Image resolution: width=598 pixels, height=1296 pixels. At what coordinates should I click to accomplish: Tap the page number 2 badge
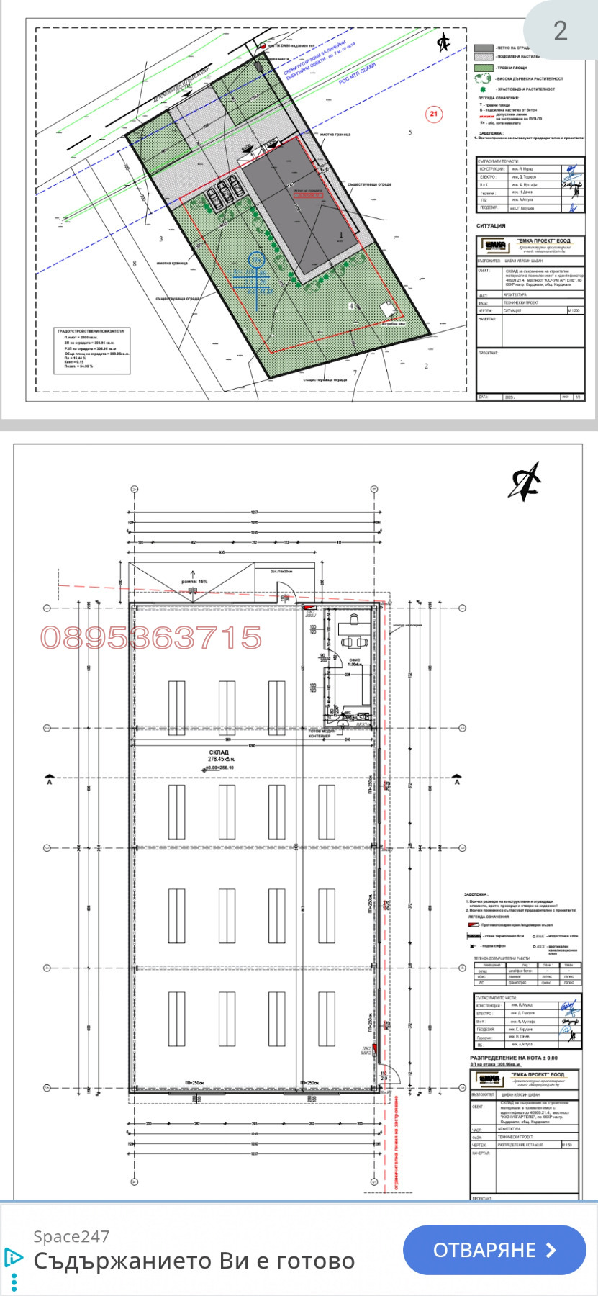click(560, 30)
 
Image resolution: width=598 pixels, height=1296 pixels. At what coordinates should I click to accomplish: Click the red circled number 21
click(432, 114)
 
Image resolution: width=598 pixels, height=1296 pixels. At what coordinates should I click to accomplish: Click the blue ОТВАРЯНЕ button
click(494, 1250)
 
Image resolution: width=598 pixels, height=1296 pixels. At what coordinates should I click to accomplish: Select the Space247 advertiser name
click(71, 1236)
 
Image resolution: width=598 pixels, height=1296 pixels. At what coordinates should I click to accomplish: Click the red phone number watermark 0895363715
click(151, 638)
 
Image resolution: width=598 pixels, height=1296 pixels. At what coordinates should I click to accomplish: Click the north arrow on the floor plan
click(525, 482)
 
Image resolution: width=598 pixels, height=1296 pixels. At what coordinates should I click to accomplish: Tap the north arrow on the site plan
click(443, 43)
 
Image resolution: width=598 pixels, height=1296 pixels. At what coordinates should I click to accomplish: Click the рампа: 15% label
click(194, 581)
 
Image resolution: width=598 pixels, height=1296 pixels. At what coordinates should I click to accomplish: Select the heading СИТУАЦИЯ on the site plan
click(491, 225)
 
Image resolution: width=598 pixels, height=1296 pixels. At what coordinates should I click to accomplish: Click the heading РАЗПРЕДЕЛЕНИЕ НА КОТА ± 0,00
click(514, 1058)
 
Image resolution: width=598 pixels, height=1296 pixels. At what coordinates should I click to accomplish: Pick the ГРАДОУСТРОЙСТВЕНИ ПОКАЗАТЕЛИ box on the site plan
click(94, 351)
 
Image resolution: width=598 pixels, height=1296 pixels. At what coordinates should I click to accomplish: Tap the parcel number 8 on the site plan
click(134, 264)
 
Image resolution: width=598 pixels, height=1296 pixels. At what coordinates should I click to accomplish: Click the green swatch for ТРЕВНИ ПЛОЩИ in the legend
click(484, 67)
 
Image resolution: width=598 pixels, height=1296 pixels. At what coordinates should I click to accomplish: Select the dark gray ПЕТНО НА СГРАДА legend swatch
click(484, 48)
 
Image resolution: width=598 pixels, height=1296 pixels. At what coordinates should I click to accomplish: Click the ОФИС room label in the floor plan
click(354, 660)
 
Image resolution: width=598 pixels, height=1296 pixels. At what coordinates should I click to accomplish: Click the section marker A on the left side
click(49, 780)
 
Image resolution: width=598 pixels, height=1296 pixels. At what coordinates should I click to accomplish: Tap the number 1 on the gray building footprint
click(341, 235)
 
